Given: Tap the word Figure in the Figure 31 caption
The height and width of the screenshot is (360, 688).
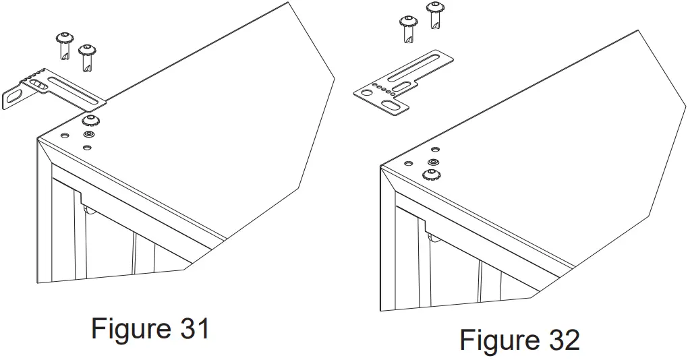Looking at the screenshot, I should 130,329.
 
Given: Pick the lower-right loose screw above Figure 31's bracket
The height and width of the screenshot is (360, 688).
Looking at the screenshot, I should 86,57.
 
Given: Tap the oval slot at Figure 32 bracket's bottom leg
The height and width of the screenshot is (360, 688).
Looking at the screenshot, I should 391,107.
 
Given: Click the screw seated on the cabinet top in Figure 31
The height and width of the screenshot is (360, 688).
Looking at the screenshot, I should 88,121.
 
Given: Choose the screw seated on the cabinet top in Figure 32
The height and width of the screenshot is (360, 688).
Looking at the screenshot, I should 429,175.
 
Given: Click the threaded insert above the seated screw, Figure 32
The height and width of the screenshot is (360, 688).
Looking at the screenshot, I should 433,162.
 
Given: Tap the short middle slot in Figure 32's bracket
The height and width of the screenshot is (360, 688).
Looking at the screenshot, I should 406,86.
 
